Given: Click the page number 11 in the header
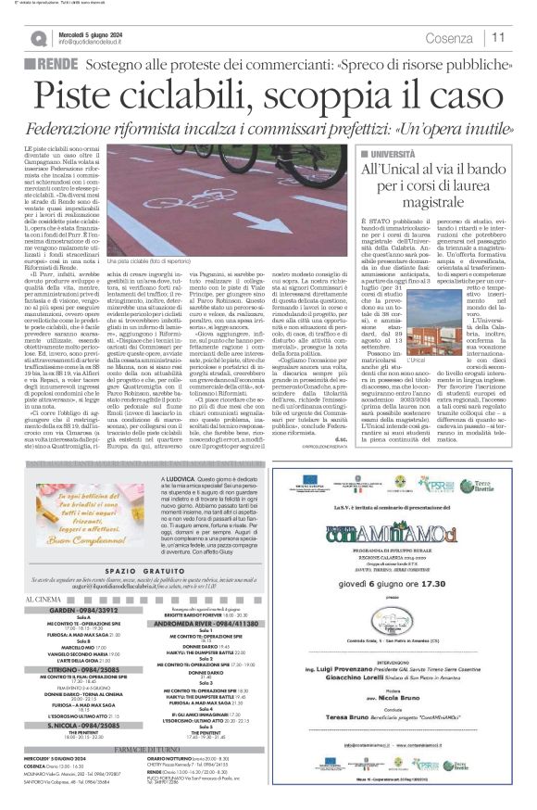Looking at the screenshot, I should [x=499, y=37].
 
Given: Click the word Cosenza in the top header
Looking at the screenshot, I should [x=450, y=38].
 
